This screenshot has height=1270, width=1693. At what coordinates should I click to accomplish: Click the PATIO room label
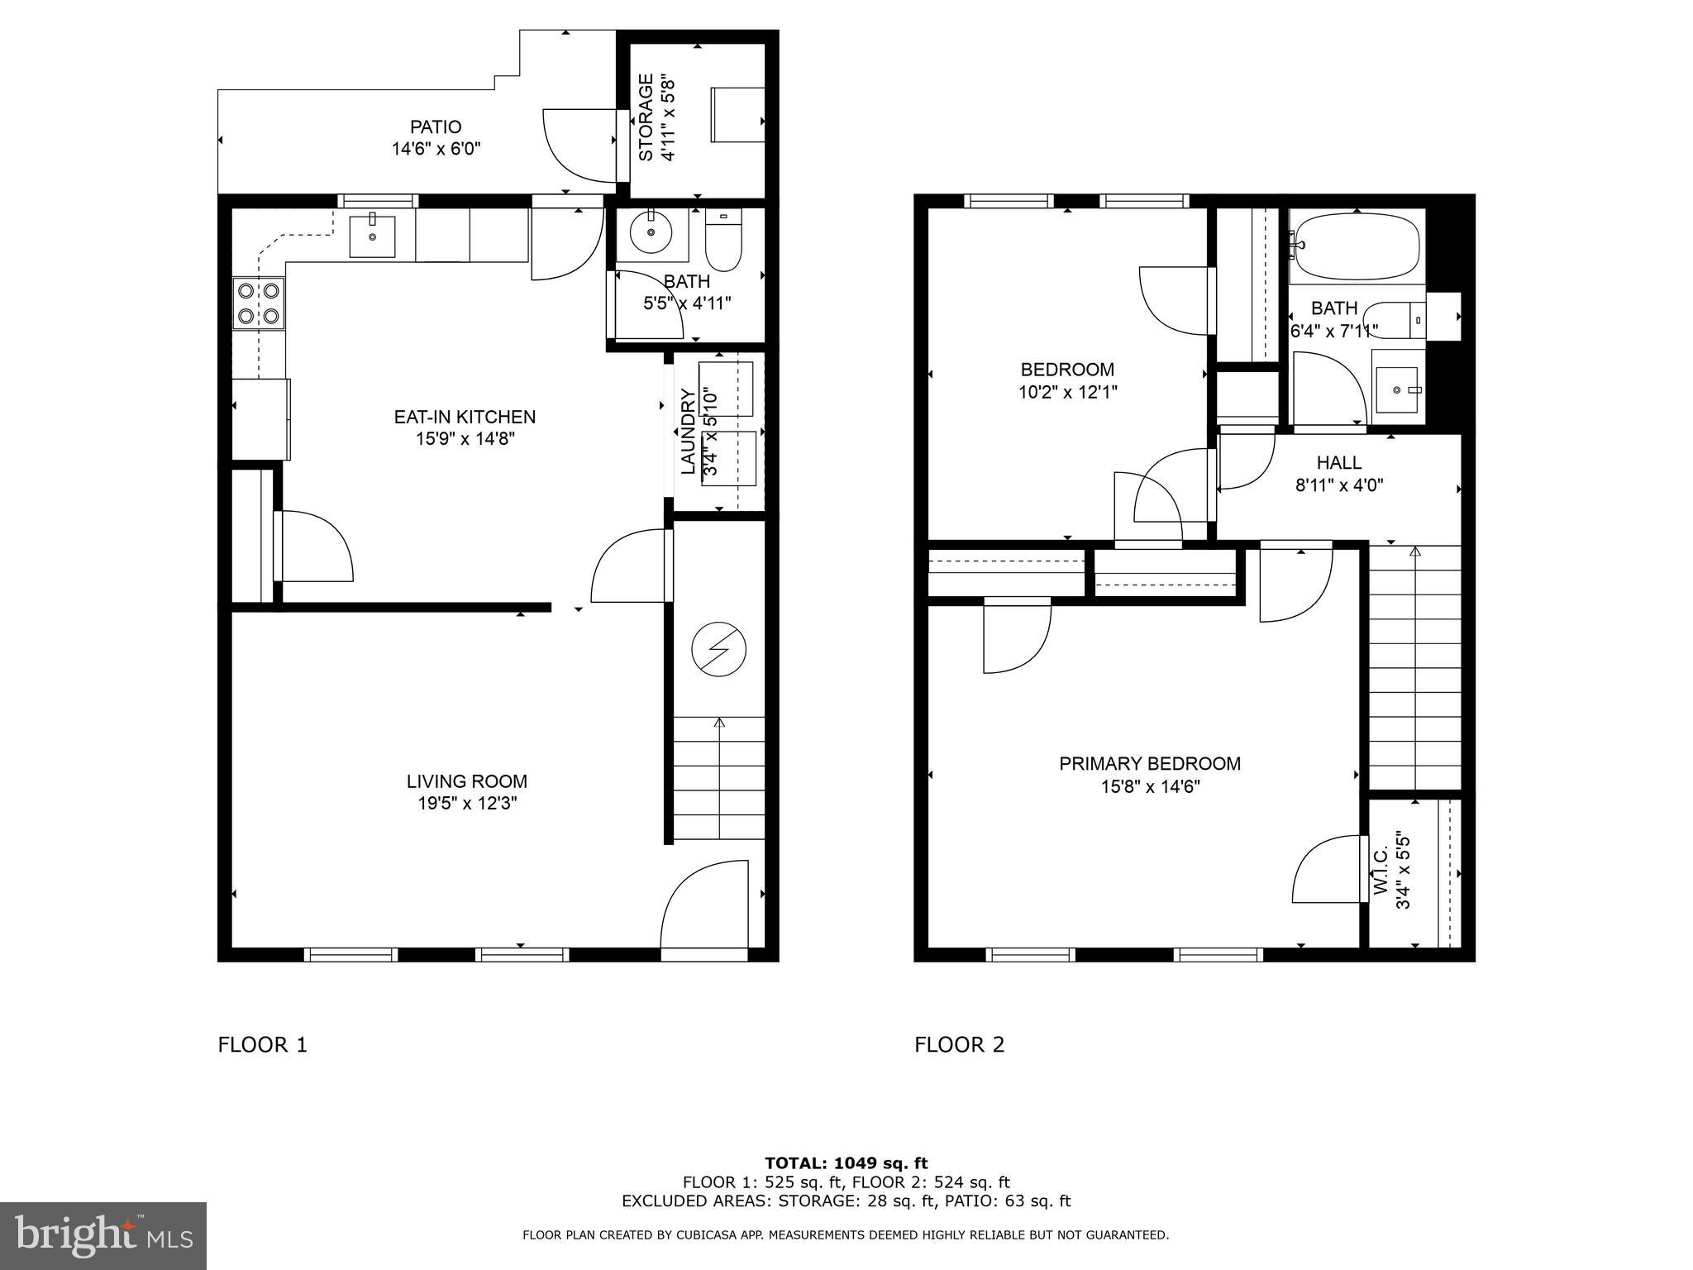(x=436, y=127)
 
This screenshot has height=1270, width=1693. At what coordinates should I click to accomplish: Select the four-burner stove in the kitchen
(x=258, y=303)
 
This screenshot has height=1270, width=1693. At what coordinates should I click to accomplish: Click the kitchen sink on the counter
(x=372, y=236)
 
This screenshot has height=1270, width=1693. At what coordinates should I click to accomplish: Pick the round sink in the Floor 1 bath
(x=651, y=232)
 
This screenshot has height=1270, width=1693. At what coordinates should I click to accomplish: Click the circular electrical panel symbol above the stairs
(x=718, y=649)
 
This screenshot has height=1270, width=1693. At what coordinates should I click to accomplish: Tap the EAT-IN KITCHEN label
(x=465, y=417)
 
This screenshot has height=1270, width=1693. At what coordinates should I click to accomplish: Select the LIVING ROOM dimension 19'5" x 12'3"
(x=467, y=803)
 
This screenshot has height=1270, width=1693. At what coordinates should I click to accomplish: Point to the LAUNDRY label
(x=688, y=432)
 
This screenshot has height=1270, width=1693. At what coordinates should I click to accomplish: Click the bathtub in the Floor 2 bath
(x=1356, y=246)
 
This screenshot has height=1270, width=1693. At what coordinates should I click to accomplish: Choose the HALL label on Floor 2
(x=1338, y=463)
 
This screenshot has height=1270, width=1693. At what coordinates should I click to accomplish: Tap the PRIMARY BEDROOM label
(x=1150, y=764)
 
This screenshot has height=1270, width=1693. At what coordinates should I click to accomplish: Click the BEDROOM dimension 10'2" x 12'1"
(x=1067, y=392)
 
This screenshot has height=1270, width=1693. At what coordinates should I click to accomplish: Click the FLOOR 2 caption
(x=959, y=1045)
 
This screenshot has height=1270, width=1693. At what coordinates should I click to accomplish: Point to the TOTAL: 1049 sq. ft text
(x=846, y=1163)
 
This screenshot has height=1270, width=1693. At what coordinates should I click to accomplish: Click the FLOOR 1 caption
(x=262, y=1045)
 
